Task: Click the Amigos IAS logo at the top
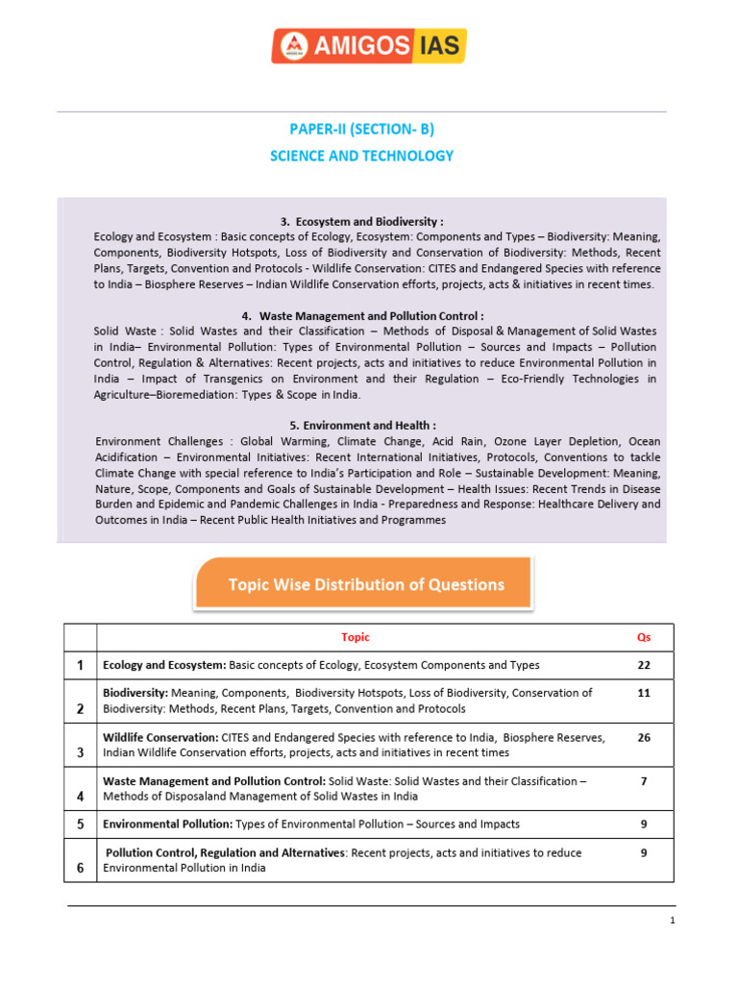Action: (x=369, y=46)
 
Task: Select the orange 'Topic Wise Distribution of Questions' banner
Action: (x=364, y=584)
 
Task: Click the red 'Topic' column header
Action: (x=355, y=637)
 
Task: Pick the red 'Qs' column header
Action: (x=643, y=637)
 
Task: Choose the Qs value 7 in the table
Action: (x=643, y=781)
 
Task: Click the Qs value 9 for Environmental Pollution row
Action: (x=643, y=824)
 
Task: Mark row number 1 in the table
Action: (x=80, y=665)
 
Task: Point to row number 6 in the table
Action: (x=80, y=868)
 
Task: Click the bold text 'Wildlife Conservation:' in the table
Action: (x=160, y=737)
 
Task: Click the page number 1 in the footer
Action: (x=673, y=921)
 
